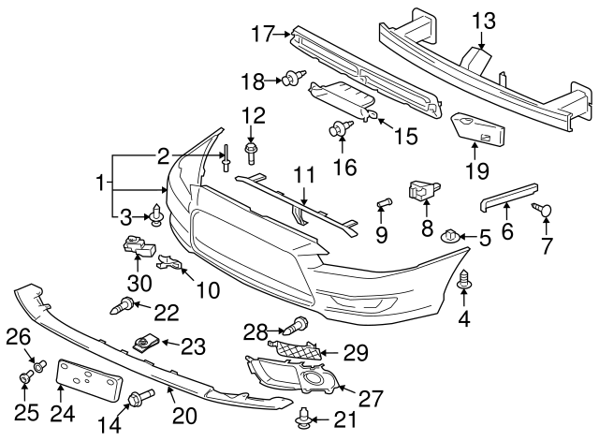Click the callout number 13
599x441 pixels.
coord(483,20)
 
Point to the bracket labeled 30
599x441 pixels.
coord(137,248)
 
